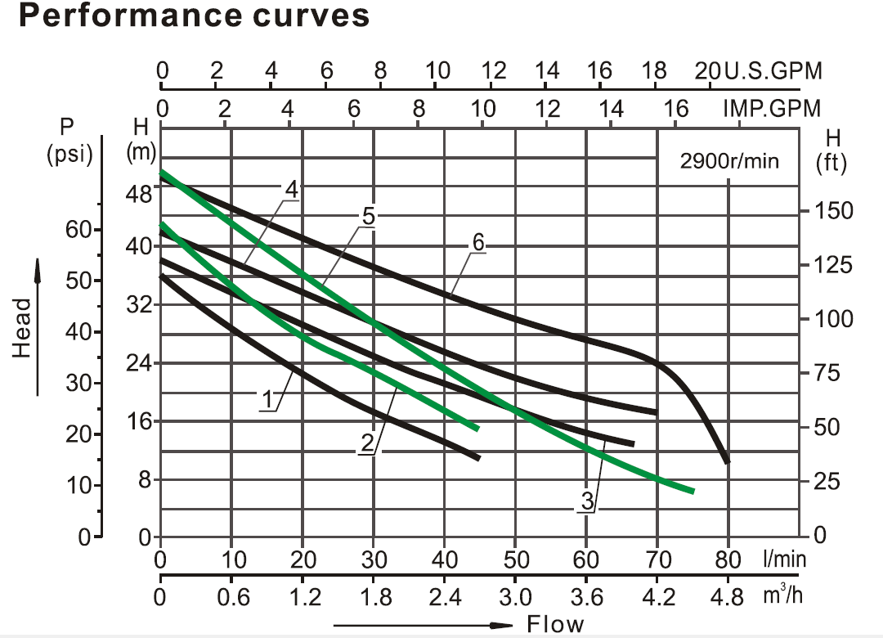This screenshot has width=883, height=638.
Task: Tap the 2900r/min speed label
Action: tap(729, 161)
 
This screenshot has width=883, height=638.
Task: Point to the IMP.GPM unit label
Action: tap(771, 108)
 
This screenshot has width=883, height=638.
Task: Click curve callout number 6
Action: tap(478, 243)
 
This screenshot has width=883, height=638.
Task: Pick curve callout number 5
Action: tap(368, 216)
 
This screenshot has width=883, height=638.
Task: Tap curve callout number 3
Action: tap(586, 501)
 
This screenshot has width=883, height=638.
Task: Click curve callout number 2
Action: tap(367, 443)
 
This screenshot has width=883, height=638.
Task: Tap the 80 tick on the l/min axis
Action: tap(727, 560)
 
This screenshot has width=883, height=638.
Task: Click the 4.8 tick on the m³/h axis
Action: tap(727, 598)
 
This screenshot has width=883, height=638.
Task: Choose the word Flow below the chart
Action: tap(555, 626)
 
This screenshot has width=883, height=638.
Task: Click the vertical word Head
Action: tap(24, 327)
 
